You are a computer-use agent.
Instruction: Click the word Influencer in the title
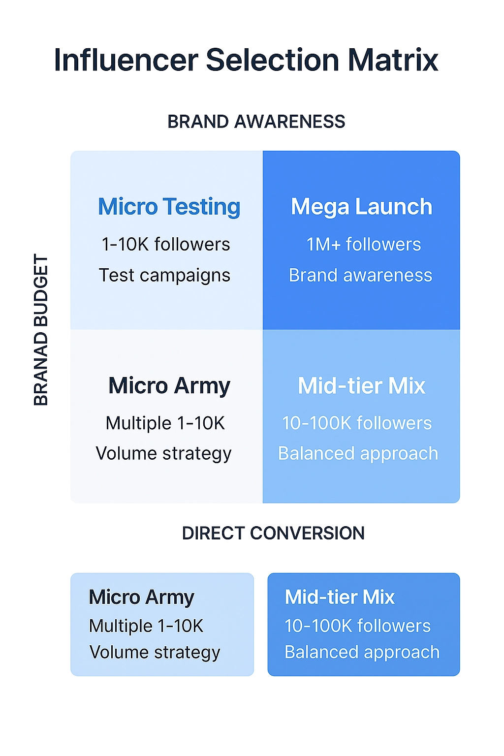pos(126,61)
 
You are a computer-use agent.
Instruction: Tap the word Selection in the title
pos(272,61)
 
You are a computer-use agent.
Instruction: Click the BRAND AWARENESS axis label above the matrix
pos(256,122)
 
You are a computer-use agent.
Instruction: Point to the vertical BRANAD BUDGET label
pos(41,330)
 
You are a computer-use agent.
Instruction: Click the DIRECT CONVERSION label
pos(273,533)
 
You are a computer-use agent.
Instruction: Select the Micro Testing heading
pos(169,207)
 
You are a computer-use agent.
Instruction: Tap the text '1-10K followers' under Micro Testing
pos(166,244)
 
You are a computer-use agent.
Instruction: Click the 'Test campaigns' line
pos(164,275)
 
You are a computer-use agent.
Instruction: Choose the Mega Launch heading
pos(361,207)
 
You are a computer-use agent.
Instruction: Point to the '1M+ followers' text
pos(364,244)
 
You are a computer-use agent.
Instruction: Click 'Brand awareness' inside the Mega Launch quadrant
pos(360,275)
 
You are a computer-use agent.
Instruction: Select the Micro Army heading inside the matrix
pos(169,386)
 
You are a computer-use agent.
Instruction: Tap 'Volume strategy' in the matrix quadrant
pos(163,453)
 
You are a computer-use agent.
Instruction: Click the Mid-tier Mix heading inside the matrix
pos(361,386)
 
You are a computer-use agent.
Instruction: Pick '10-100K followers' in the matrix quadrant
pos(357,423)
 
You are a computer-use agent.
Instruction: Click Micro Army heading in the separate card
pos(142,597)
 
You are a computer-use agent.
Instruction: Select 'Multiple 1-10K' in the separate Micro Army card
pos(146,626)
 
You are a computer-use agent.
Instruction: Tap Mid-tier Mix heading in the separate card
pos(340,597)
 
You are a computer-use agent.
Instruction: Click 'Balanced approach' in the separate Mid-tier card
pos(362,652)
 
